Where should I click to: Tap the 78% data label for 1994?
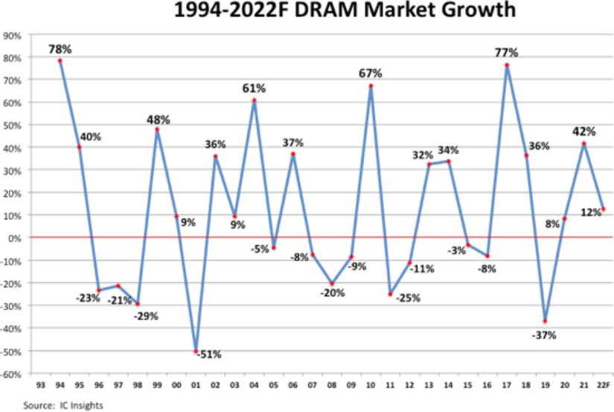click(x=60, y=49)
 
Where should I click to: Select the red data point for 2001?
click(x=196, y=352)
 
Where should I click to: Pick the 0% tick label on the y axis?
click(x=14, y=237)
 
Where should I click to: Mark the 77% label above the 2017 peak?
click(x=506, y=53)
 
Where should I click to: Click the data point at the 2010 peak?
click(x=371, y=86)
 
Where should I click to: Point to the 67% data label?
click(x=370, y=74)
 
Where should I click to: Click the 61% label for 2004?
click(x=254, y=88)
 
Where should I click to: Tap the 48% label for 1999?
click(x=158, y=119)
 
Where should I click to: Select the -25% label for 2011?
click(x=408, y=298)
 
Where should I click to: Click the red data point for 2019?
click(x=545, y=321)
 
